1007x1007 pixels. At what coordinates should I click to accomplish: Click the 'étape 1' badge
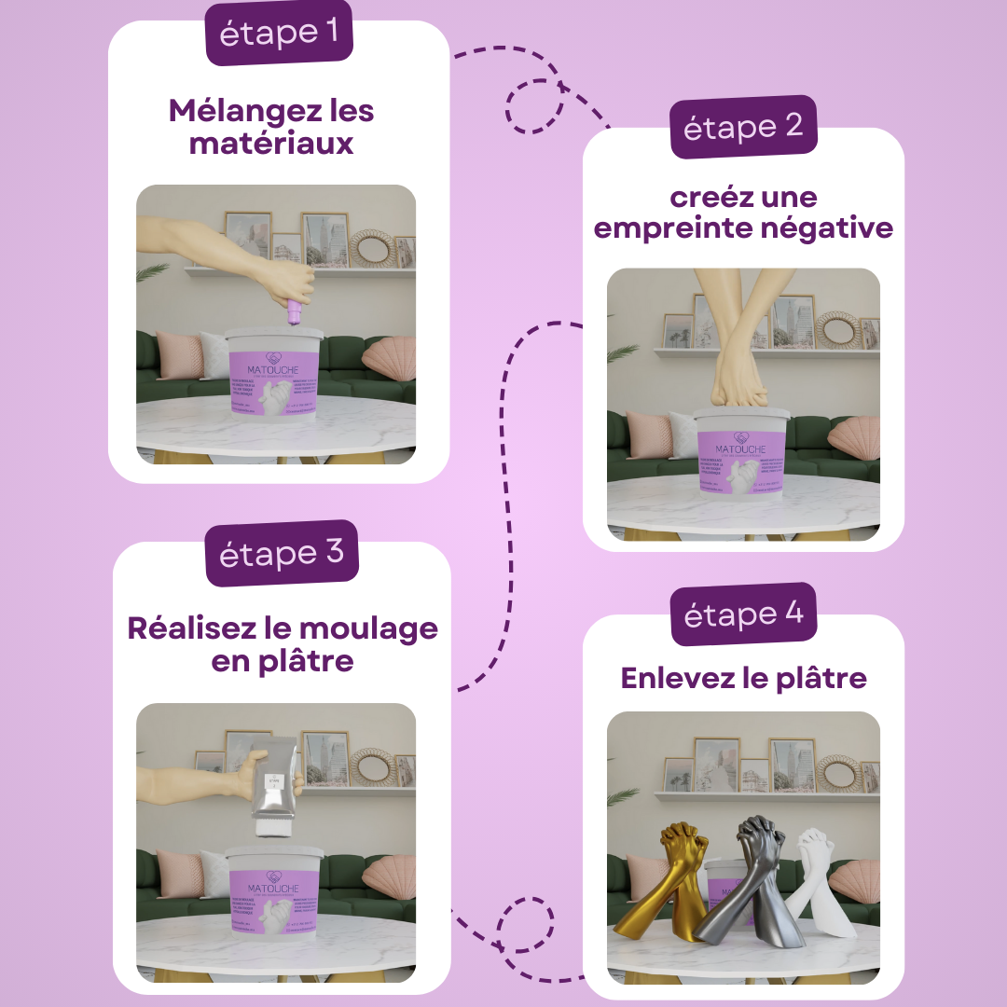(279, 33)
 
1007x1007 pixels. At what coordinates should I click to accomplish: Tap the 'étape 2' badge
(743, 127)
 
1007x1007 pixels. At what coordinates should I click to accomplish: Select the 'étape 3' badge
(282, 553)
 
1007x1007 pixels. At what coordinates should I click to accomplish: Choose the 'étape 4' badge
(743, 614)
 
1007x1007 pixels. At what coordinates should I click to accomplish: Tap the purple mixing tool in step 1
(295, 312)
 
